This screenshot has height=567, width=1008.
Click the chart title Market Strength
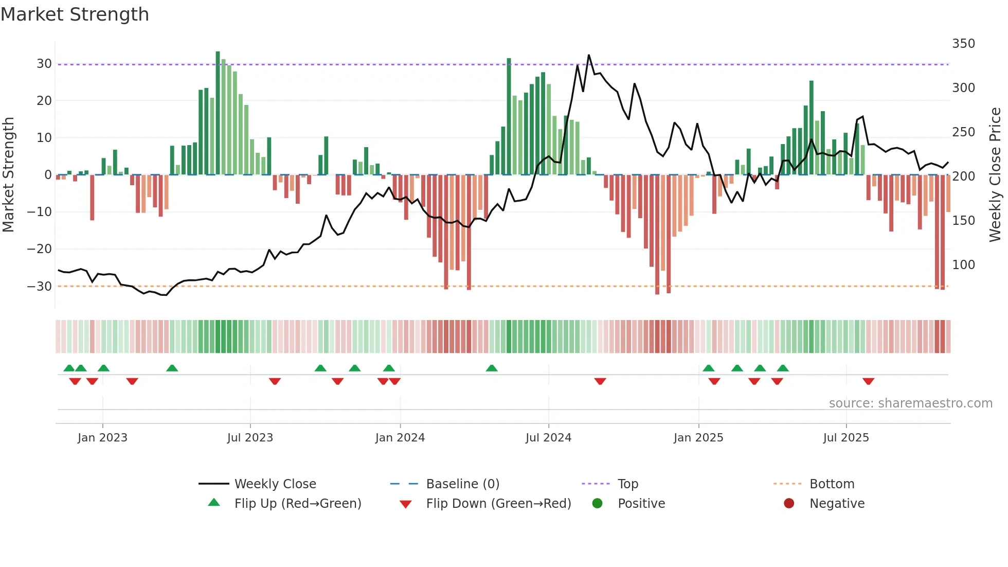75,14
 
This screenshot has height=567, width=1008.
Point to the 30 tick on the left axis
44,64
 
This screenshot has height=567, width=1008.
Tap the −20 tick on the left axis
40,249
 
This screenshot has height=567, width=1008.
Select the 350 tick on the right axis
963,44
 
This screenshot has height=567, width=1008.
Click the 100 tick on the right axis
963,265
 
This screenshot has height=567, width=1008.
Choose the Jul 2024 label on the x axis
548,438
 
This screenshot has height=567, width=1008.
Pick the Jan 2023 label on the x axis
102,438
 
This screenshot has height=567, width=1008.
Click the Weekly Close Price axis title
995,175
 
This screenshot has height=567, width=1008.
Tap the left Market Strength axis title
8,175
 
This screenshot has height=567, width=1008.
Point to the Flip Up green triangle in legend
214,503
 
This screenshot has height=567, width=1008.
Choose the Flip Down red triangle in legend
405,504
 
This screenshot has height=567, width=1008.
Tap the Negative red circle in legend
789,503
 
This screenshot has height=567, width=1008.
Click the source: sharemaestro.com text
910,403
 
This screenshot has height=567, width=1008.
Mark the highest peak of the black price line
589,56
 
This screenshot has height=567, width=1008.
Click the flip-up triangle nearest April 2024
492,368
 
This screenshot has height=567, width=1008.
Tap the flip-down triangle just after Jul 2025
868,381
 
